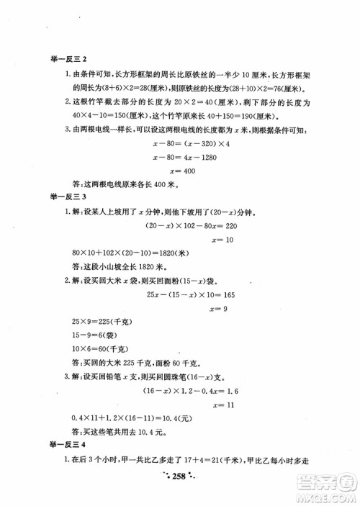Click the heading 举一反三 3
coord(66,196)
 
